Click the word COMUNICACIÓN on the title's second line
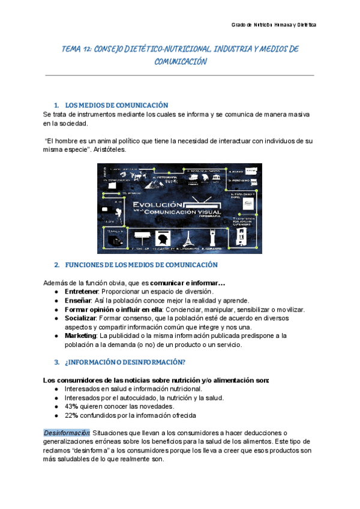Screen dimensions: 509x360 pyautogui.click(x=180, y=61)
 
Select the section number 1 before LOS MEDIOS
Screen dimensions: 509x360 pyautogui.click(x=56, y=104)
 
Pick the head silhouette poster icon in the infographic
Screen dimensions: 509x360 pyautogui.click(x=161, y=239)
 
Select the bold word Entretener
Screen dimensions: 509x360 pyautogui.click(x=81, y=292)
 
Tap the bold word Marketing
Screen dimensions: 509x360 pyautogui.click(x=80, y=336)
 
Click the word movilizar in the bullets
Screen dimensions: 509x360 pyautogui.click(x=289, y=310)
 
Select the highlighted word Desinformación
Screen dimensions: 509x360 pyautogui.click(x=67, y=433)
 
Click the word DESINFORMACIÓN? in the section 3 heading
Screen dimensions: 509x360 pyautogui.click(x=153, y=362)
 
